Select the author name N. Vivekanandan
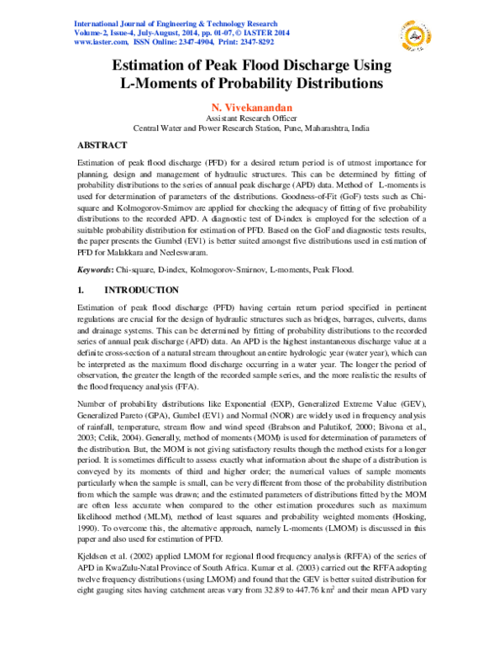coord(251,108)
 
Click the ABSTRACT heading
coord(102,145)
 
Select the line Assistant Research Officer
coord(251,120)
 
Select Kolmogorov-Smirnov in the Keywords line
coord(228,270)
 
